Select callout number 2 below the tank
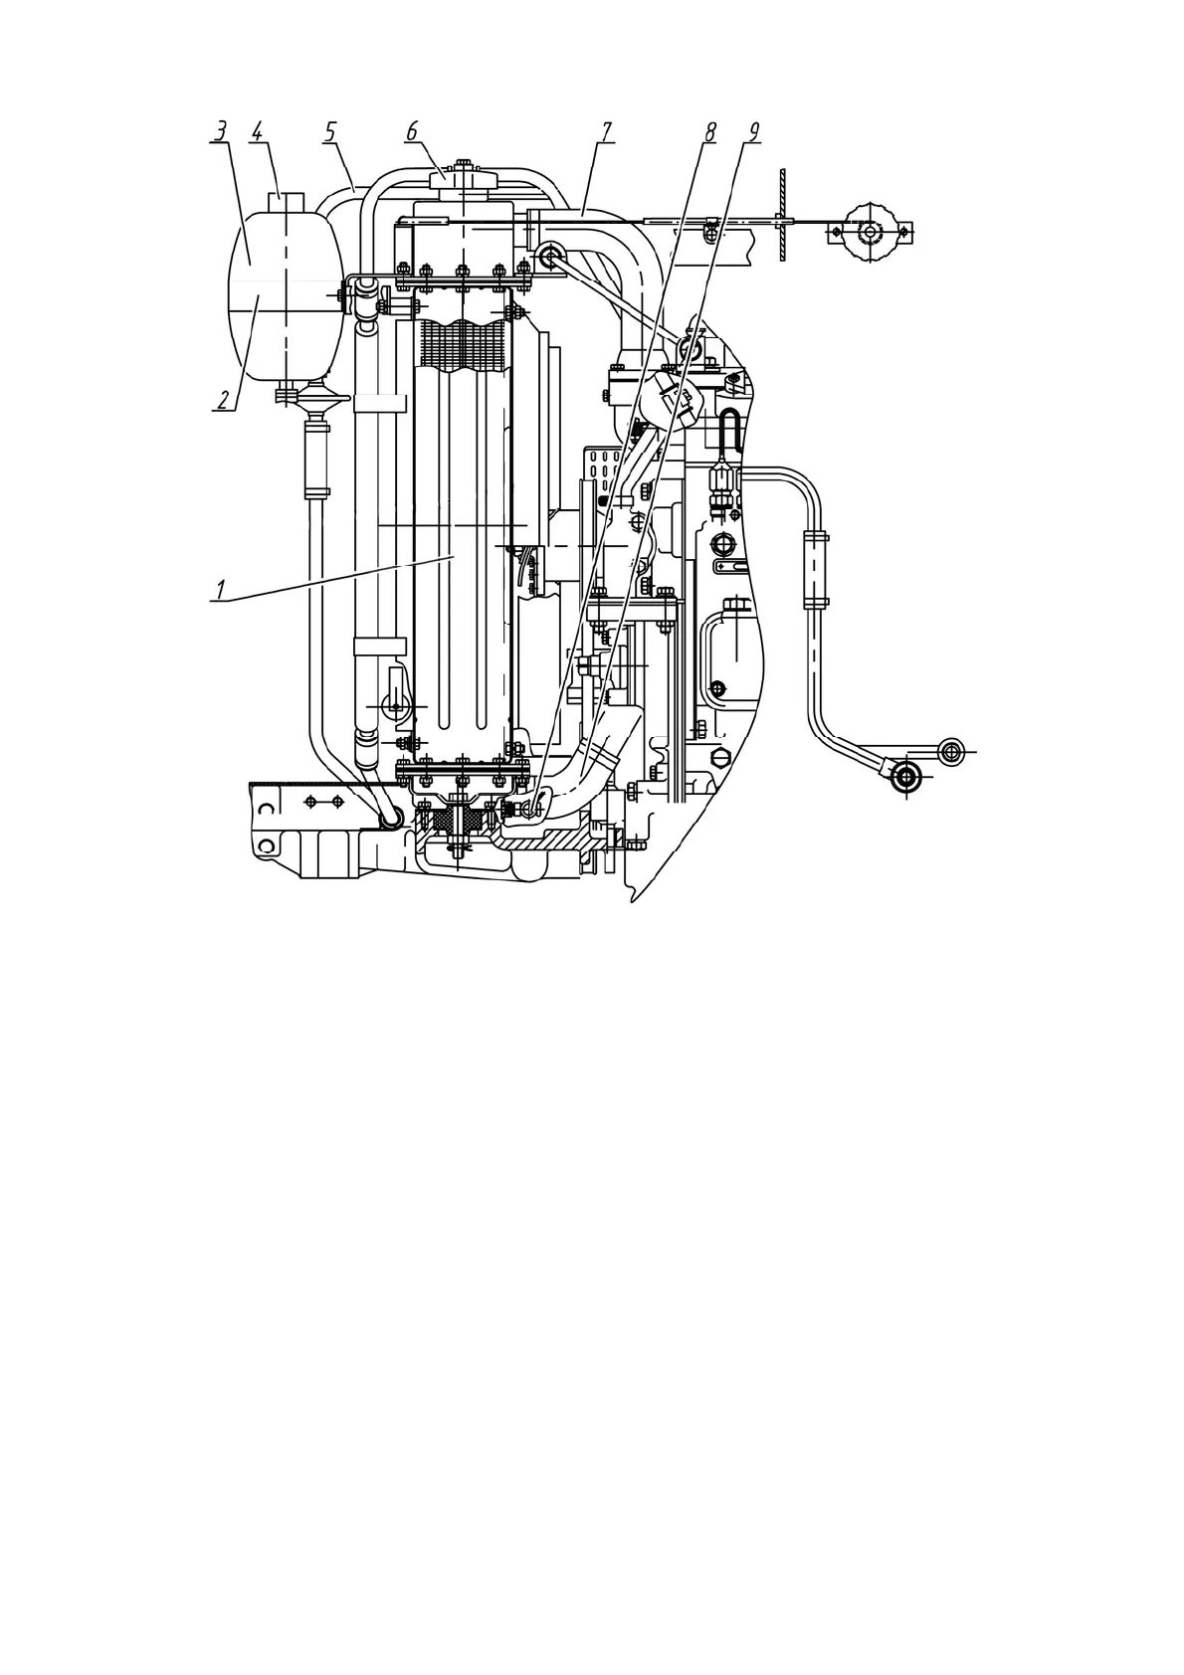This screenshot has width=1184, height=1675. [x=226, y=400]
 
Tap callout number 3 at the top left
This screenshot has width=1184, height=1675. [x=220, y=131]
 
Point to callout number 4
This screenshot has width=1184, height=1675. [x=258, y=131]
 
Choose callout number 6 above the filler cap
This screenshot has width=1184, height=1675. [x=411, y=131]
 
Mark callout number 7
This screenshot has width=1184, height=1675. [x=606, y=131]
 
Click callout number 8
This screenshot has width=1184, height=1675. [x=708, y=131]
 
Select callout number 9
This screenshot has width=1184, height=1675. [x=752, y=131]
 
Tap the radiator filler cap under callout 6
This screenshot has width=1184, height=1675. [x=462, y=187]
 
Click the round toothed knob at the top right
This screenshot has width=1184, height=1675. [x=871, y=233]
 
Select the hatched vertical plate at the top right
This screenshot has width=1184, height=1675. [x=784, y=215]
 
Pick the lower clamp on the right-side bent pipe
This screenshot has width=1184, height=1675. [x=815, y=602]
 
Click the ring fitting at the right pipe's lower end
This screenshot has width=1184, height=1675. [x=905, y=777]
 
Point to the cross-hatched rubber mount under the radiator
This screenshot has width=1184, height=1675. [x=460, y=821]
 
